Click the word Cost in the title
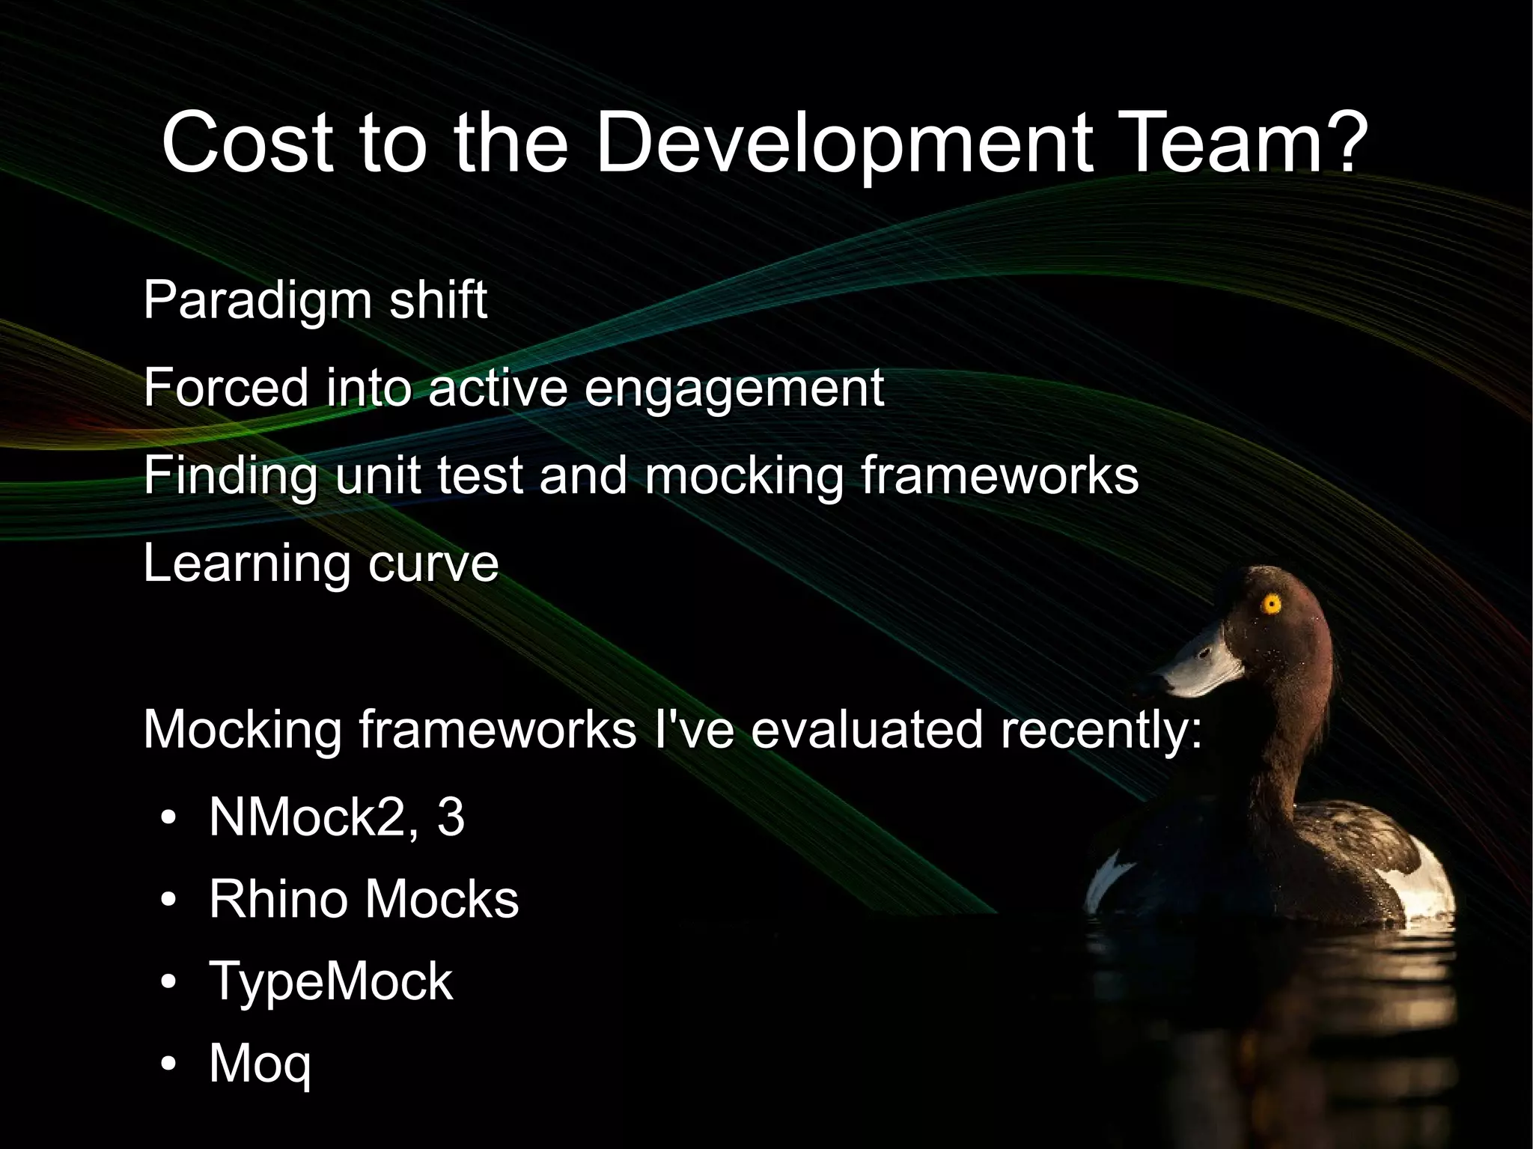[x=247, y=142]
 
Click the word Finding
[x=231, y=476]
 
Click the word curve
[x=433, y=564]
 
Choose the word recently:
[x=1101, y=729]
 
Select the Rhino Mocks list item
[x=364, y=899]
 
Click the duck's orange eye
[x=1271, y=603]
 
